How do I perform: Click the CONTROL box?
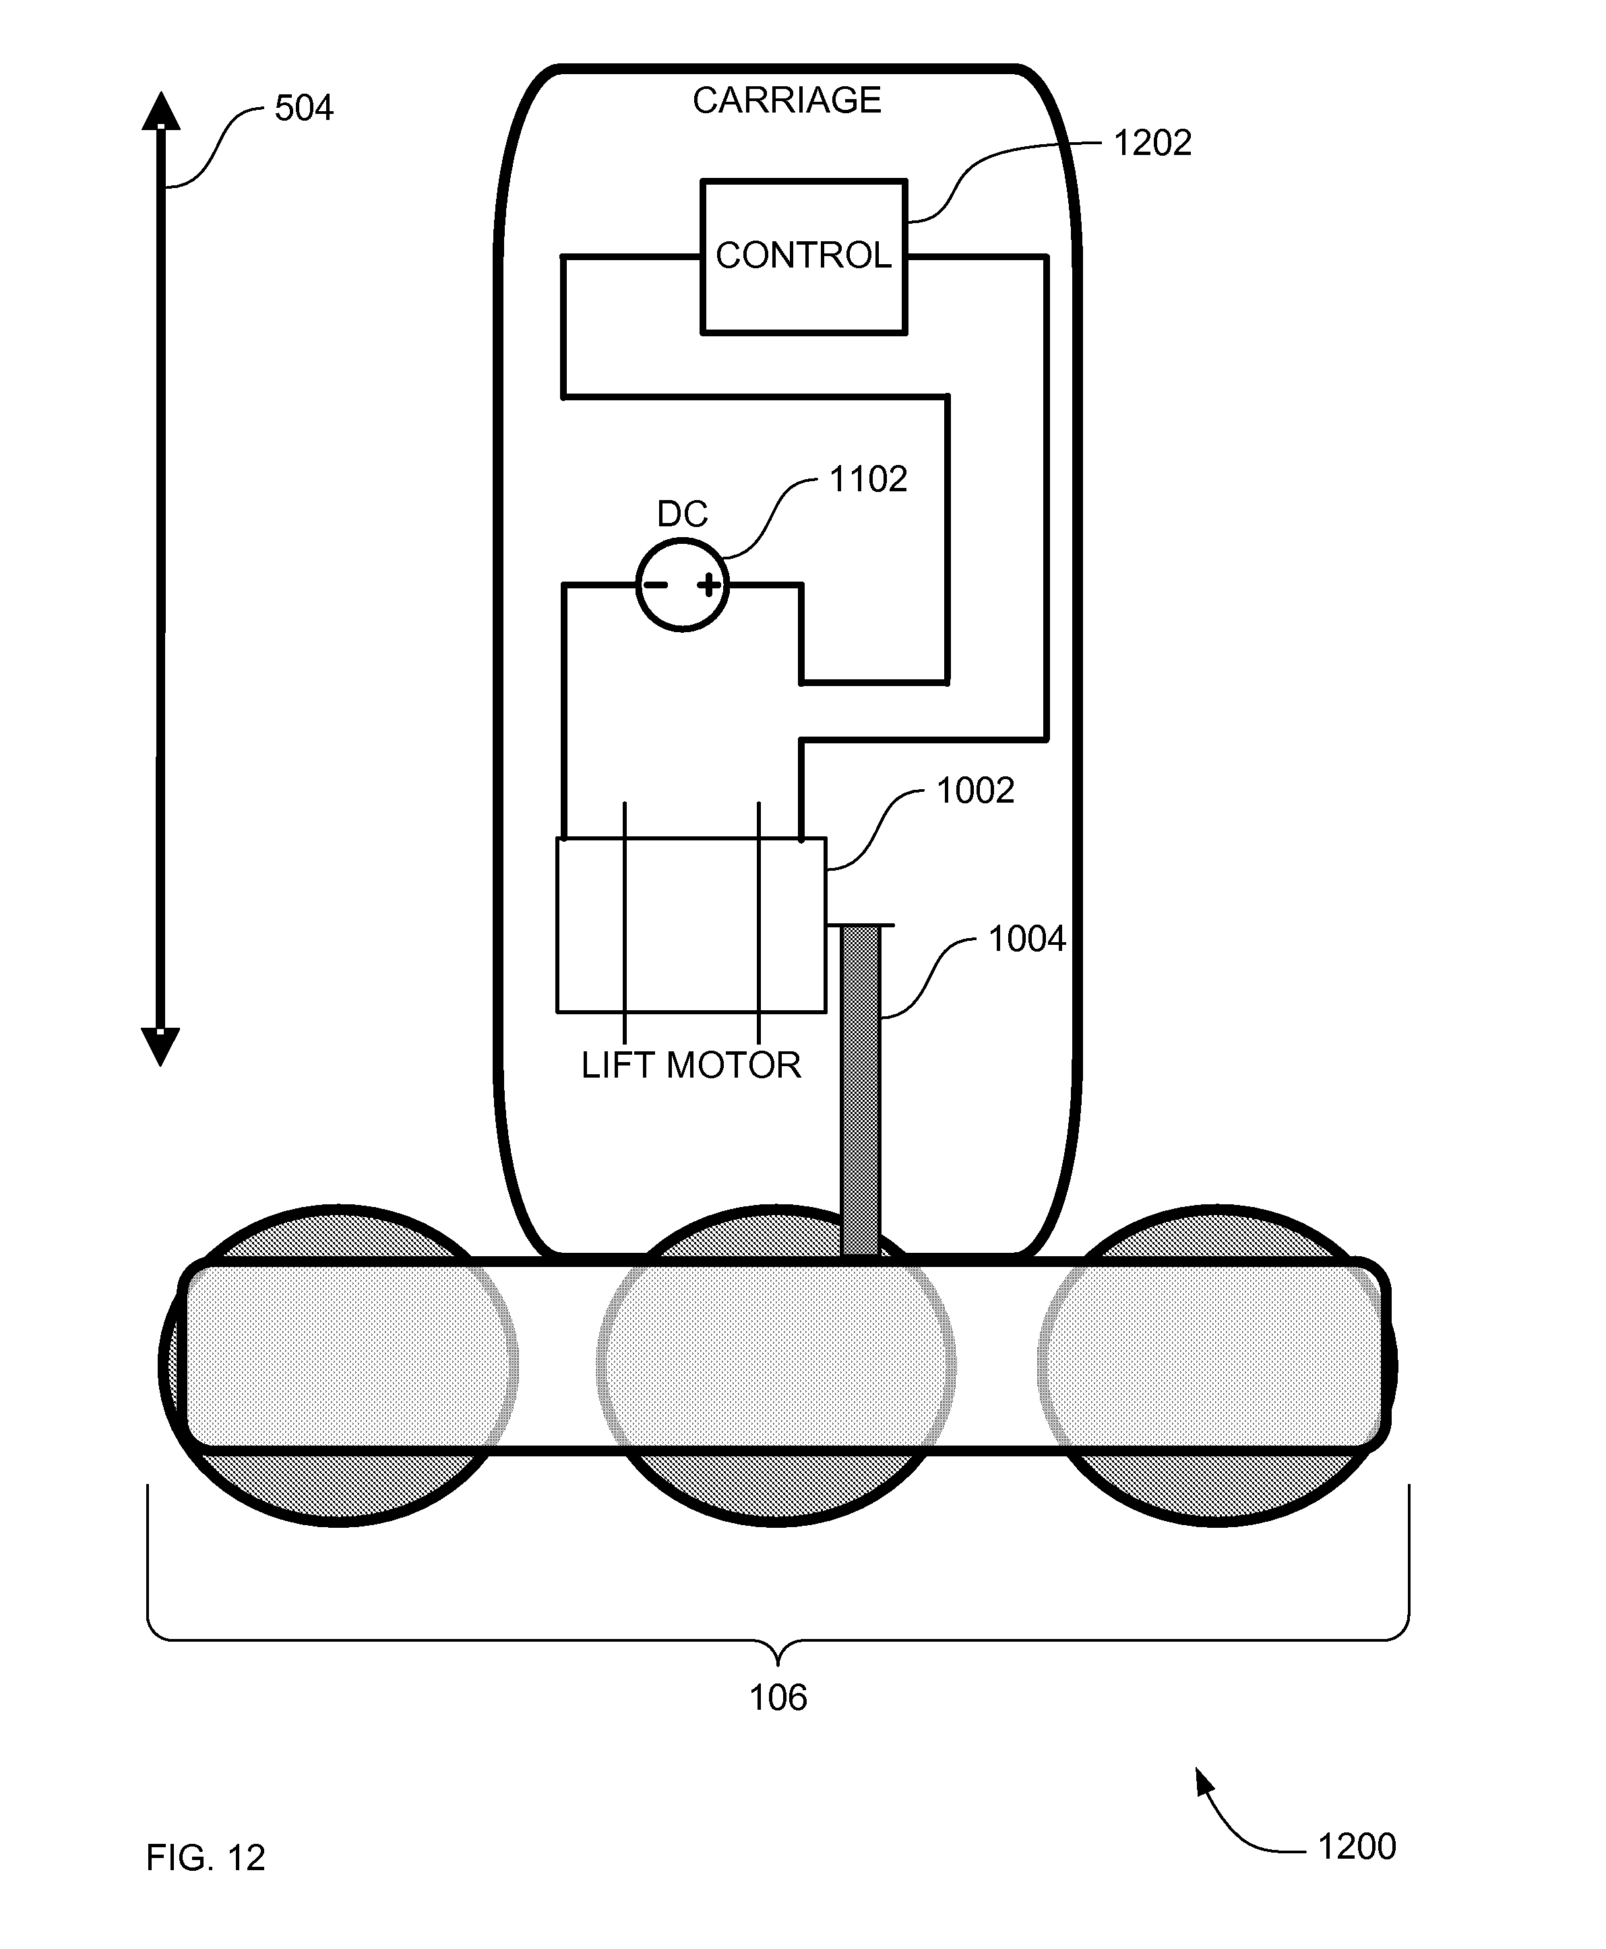(803, 256)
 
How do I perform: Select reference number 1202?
(1152, 144)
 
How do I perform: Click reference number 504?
(303, 109)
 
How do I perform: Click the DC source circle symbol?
(683, 586)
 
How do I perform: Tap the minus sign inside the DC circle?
(655, 584)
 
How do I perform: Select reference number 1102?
(868, 479)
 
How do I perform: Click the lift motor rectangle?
(690, 925)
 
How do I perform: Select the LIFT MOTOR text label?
(690, 1065)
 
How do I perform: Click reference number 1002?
(975, 791)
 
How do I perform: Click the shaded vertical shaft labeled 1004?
(861, 1092)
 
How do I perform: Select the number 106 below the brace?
(777, 1698)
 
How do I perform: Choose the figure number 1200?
(1355, 1847)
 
